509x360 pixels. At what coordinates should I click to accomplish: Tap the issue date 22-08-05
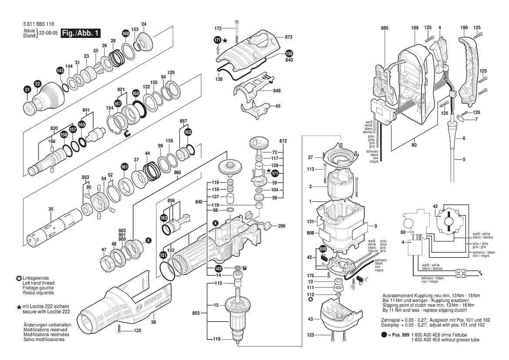(x=48, y=33)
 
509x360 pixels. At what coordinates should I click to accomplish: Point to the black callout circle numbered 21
(x=27, y=90)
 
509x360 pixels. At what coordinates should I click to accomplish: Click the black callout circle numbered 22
(x=37, y=83)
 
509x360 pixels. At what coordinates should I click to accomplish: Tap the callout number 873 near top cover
(x=289, y=37)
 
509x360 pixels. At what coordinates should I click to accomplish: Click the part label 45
(x=278, y=106)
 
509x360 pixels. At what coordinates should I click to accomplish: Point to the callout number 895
(x=384, y=28)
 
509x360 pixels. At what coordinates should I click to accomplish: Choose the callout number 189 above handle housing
(x=415, y=28)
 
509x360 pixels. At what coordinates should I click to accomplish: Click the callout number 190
(x=464, y=28)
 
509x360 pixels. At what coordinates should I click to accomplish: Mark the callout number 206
(x=282, y=226)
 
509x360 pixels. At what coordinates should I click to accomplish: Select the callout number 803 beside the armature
(x=196, y=313)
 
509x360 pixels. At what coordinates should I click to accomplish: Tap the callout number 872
(x=283, y=142)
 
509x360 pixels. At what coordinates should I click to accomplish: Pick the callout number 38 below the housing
(x=153, y=323)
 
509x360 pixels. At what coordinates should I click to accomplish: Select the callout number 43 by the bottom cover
(x=310, y=319)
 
